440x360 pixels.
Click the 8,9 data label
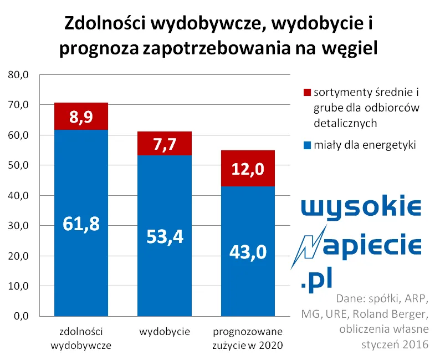pos(81,117)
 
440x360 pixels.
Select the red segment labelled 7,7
pos(165,143)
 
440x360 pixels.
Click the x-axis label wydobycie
pos(165,332)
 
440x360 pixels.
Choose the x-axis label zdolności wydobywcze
pos(81,338)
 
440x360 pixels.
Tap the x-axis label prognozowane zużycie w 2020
pos(247,338)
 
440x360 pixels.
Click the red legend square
pos(307,92)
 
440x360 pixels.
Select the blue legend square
pos(307,145)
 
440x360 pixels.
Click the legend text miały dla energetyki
pos(365,145)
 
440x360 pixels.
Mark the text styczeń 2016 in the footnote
pos(395,344)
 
